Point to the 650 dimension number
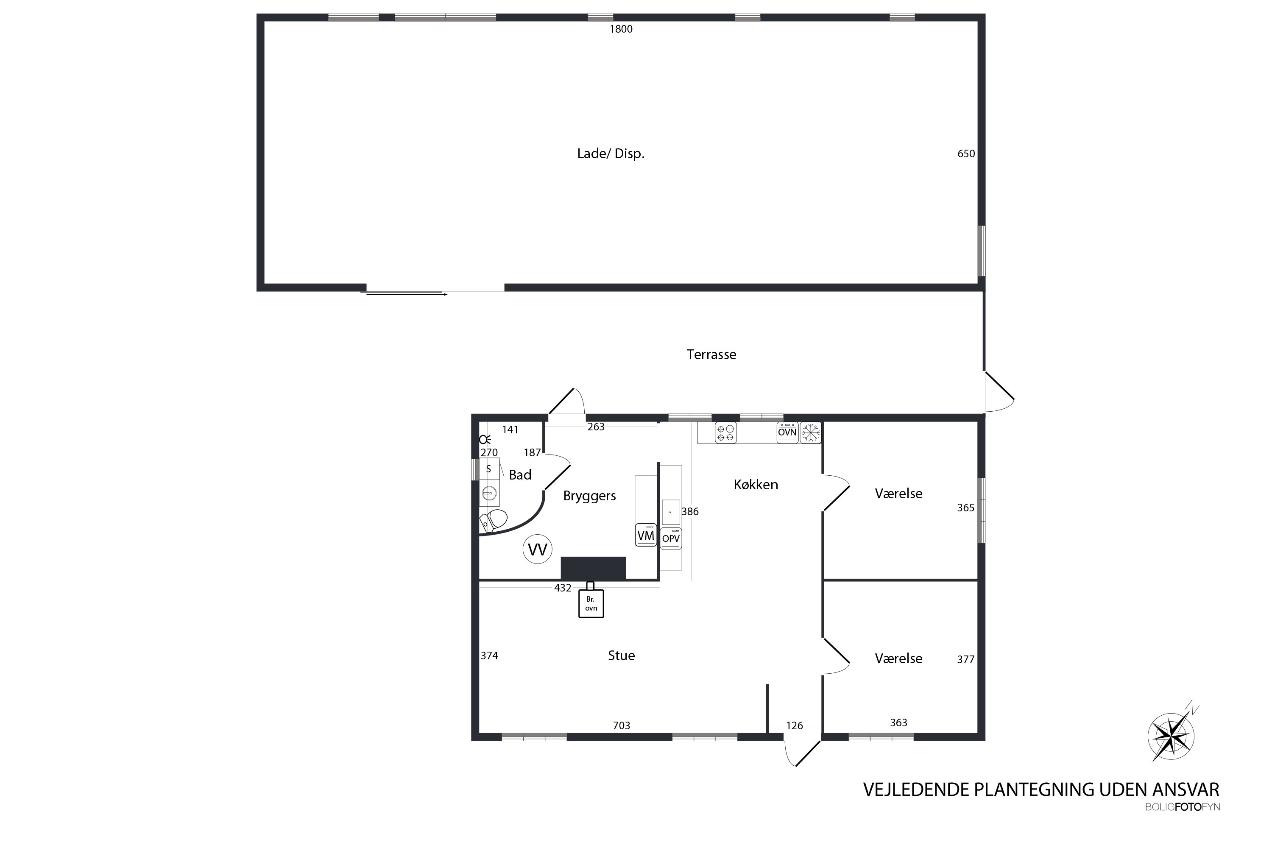coord(966,153)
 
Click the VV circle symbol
coord(538,550)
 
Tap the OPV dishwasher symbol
coord(671,538)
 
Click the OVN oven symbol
coord(787,432)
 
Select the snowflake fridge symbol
coord(811,432)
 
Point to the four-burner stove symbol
coord(726,432)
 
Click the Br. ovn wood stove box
coord(591,603)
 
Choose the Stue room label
coord(622,656)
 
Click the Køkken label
coord(756,485)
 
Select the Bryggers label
coord(589,495)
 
